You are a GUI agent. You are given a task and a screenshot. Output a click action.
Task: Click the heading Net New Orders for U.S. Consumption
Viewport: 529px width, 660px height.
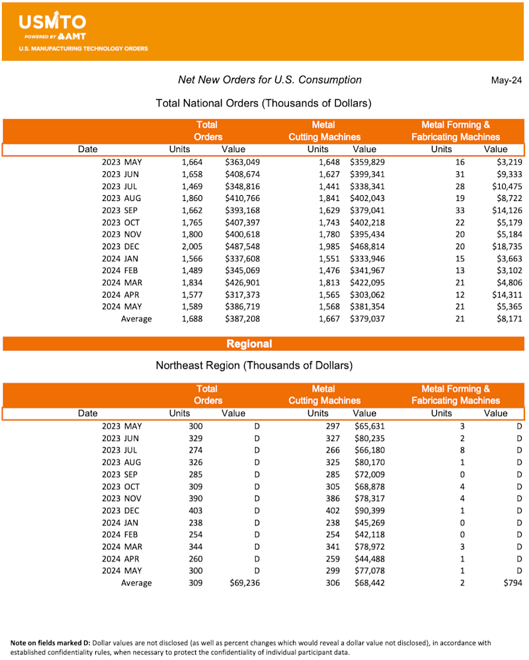[x=270, y=80]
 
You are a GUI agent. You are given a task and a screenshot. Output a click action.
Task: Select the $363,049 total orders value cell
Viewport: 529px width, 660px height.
[x=243, y=162]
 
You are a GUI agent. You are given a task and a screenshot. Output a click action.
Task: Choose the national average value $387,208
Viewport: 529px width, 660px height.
[x=243, y=319]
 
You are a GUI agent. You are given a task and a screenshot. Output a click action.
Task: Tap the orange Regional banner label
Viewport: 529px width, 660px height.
[x=249, y=344]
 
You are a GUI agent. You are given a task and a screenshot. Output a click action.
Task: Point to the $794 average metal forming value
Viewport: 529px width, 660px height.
[x=512, y=583]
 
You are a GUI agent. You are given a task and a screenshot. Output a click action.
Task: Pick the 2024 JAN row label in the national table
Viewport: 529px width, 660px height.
[x=122, y=259]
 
